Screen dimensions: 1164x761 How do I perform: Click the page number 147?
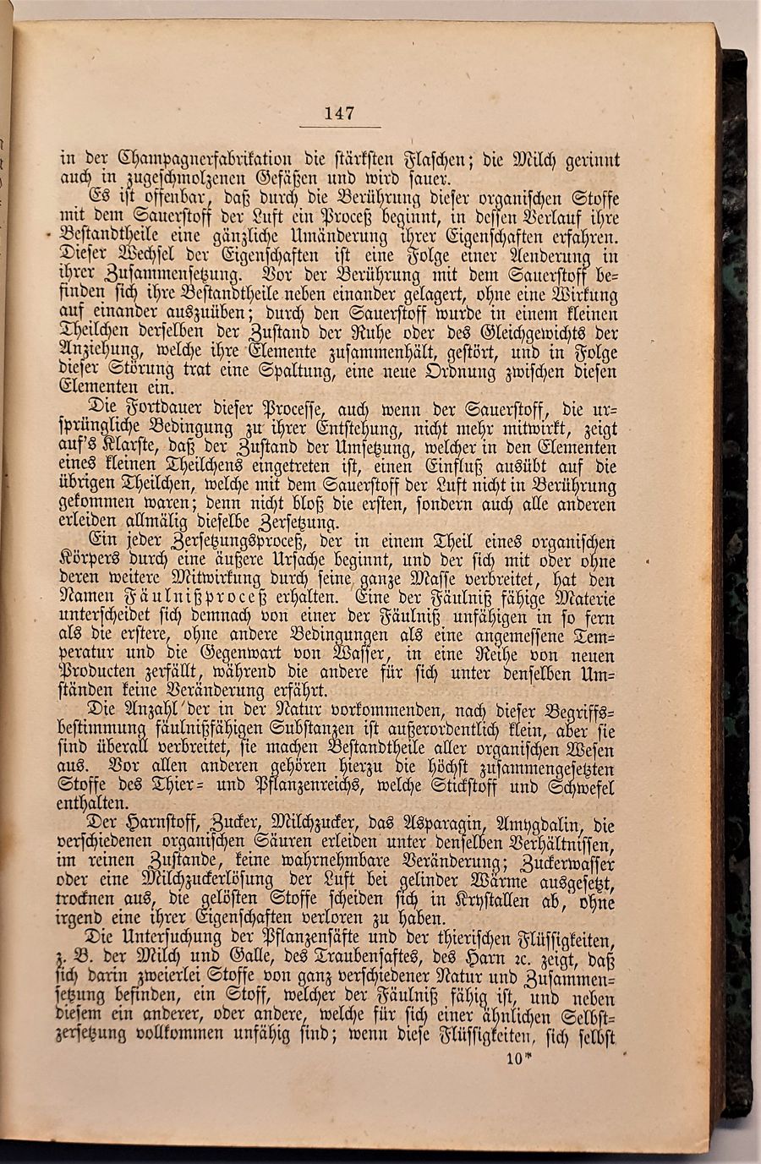point(338,113)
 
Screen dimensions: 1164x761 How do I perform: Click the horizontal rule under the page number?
point(338,128)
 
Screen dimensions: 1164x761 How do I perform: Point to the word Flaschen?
point(420,159)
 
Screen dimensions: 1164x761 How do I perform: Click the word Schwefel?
point(578,788)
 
